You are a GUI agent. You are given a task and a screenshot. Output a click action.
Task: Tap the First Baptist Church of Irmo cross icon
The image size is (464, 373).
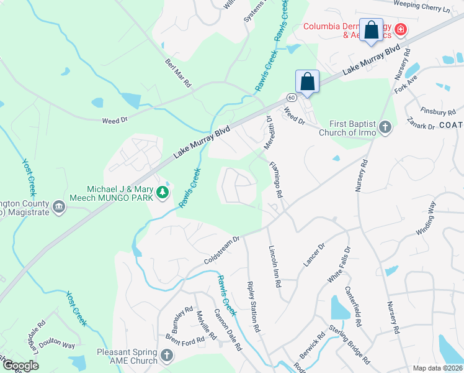point(385,127)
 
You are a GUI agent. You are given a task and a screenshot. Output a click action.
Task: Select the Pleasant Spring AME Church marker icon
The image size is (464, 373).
point(166,356)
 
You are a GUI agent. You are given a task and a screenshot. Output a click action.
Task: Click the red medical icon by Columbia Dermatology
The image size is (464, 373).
point(401,29)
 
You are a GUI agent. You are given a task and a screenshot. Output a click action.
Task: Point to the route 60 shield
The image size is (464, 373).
point(291,96)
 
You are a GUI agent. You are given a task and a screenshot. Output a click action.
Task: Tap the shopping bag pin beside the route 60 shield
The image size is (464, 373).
point(308,81)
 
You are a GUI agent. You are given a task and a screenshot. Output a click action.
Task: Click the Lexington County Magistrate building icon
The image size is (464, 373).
point(59,206)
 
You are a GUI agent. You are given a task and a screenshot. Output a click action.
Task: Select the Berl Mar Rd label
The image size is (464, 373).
point(179,73)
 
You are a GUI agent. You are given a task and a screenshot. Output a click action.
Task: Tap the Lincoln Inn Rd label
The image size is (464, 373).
point(274,265)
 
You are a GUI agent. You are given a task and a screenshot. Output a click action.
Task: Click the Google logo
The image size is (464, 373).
point(20,366)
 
